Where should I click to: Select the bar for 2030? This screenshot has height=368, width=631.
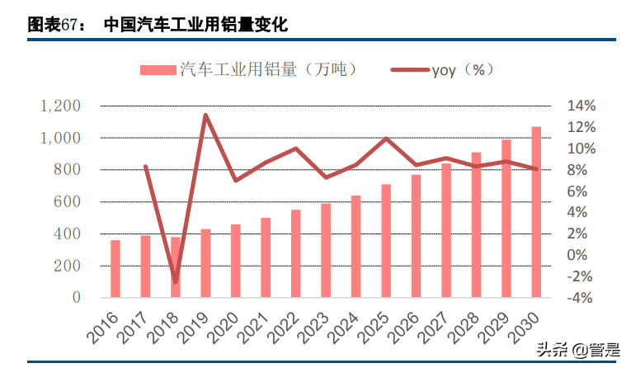point(536,212)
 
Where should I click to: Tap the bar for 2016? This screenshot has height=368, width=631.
point(115,268)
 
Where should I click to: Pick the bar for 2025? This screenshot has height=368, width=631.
point(386,240)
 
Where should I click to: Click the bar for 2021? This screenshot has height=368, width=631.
point(266,257)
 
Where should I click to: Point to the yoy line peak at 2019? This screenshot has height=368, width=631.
point(205,115)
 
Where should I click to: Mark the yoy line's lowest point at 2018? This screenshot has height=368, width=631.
point(176,282)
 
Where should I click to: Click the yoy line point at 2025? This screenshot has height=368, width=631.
point(386,139)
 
